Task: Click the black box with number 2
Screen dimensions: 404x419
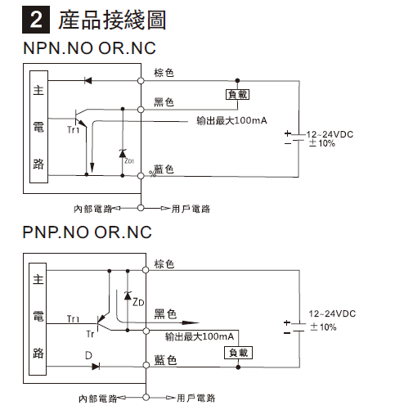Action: tap(36, 20)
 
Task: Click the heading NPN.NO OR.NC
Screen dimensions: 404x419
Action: tap(89, 48)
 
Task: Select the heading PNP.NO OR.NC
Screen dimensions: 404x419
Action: tap(87, 232)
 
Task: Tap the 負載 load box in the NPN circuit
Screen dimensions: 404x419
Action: tap(237, 94)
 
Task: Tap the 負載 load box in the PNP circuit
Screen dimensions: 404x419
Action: tap(238, 353)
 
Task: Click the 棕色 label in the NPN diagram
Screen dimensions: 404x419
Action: tap(164, 73)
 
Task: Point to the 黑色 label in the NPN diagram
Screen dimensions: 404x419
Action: tap(164, 102)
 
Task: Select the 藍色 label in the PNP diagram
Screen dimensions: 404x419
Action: tap(165, 360)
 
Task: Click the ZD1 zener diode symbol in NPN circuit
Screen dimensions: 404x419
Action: tap(123, 153)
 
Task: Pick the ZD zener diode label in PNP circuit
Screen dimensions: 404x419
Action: tap(138, 302)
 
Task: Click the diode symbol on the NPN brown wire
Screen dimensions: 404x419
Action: tap(88, 80)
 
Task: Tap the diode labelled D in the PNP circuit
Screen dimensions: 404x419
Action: tap(96, 367)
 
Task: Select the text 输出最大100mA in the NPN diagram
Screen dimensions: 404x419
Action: tap(231, 120)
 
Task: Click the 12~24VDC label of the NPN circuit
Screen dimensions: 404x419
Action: tap(330, 134)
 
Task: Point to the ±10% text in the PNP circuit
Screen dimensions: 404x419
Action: tap(323, 327)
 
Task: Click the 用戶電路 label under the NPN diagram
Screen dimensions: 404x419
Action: tap(191, 209)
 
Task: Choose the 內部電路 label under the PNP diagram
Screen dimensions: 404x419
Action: tap(97, 399)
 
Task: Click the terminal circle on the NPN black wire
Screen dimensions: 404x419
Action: tap(141, 110)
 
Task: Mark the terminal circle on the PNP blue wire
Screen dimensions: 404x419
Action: tap(146, 365)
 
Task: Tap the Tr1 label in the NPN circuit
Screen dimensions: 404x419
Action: tap(73, 129)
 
